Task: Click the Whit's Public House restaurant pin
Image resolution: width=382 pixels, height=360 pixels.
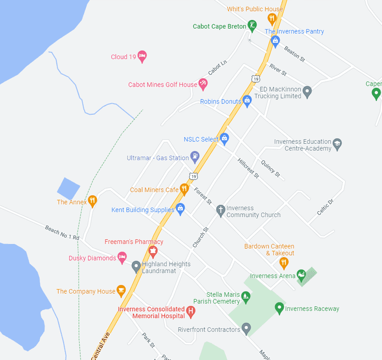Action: tap(272, 19)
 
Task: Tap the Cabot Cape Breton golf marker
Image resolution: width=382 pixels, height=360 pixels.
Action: tap(252, 25)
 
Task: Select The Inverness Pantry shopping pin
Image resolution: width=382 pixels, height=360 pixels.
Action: tap(276, 41)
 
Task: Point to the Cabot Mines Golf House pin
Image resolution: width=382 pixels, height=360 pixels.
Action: tap(203, 84)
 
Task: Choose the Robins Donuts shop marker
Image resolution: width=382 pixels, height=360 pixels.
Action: tap(247, 100)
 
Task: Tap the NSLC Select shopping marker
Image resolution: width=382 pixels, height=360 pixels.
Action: tap(224, 138)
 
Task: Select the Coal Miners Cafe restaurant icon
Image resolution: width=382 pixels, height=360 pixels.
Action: tap(184, 189)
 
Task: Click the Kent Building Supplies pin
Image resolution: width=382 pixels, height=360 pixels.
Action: tap(180, 209)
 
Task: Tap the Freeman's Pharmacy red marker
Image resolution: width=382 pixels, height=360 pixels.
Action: tap(152, 251)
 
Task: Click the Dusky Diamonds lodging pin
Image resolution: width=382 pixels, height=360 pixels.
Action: tap(122, 258)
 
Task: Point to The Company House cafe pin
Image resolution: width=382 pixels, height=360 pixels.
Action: tap(121, 291)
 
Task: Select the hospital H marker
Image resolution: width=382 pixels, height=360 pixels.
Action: tap(190, 311)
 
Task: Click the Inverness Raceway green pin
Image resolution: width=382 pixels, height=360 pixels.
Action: tap(279, 308)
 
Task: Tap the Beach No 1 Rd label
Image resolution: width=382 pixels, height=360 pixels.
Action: tap(62, 233)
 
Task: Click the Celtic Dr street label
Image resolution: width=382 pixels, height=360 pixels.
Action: tap(325, 207)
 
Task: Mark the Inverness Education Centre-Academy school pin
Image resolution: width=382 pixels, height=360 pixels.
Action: tap(337, 144)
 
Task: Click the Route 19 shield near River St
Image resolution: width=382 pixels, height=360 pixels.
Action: tap(256, 79)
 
